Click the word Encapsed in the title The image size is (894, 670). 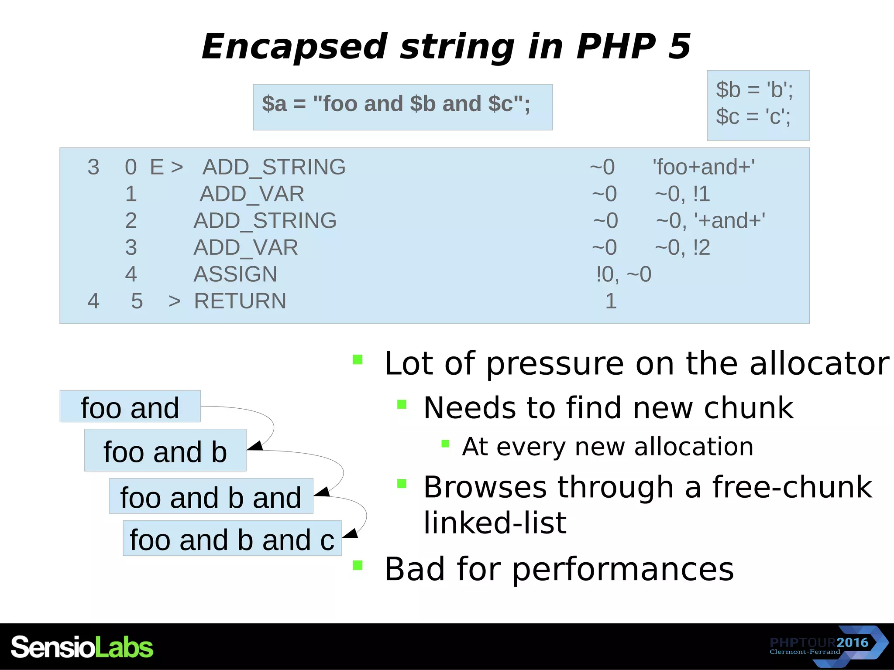(x=294, y=47)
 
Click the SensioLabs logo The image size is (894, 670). (x=82, y=647)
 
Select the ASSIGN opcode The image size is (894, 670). (x=235, y=274)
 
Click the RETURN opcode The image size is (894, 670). (x=240, y=301)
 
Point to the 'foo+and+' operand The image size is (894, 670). (x=703, y=167)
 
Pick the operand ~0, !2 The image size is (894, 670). (x=682, y=248)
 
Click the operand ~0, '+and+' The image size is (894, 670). (x=710, y=221)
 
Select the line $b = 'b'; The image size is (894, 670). (x=754, y=90)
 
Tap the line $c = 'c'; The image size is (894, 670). (x=753, y=116)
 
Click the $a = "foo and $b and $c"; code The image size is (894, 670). (x=396, y=104)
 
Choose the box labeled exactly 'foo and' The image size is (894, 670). (x=130, y=407)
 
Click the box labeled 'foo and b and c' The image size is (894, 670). (x=232, y=539)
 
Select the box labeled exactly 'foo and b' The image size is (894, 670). (x=165, y=451)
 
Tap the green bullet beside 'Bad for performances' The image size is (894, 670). (x=358, y=565)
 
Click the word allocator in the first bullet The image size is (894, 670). (x=819, y=363)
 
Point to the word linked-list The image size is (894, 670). (x=495, y=523)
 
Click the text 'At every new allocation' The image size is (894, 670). (x=607, y=447)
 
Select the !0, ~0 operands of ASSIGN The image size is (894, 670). (x=623, y=274)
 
